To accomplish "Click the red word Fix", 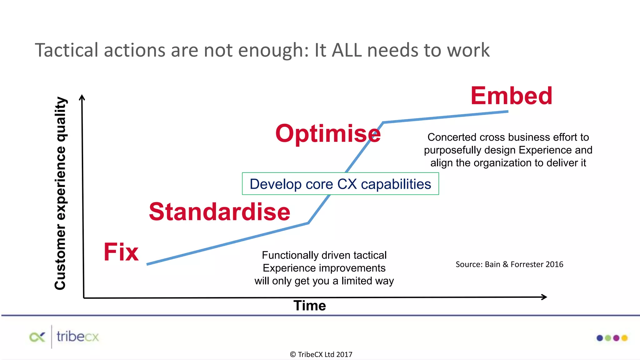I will click(x=121, y=252).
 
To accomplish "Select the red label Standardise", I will click(x=219, y=212).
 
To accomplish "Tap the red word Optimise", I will click(x=328, y=133).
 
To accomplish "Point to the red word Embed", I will click(x=511, y=96).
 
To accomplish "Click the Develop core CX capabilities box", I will click(x=340, y=184).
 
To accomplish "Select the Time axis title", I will click(x=309, y=306).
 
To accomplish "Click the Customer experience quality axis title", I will click(x=60, y=193).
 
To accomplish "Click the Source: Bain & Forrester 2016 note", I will click(x=509, y=264).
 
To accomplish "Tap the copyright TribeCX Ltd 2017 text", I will click(x=321, y=354).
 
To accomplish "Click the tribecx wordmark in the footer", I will click(x=77, y=337).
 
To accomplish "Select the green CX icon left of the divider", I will click(x=37, y=337).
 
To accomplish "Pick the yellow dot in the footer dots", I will click(x=624, y=338).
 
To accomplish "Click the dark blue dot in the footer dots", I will click(x=600, y=338).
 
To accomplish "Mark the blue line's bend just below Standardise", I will click(x=308, y=223).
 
